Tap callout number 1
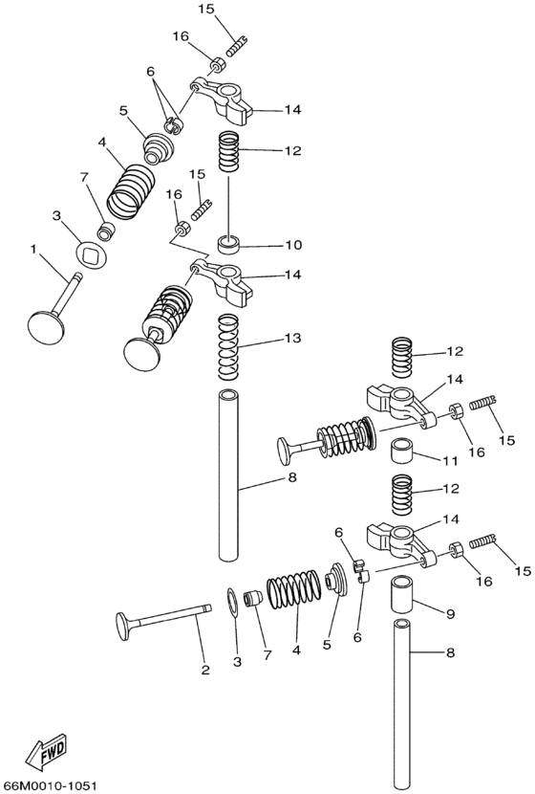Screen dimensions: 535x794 [x=33, y=248]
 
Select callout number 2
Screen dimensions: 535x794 [x=204, y=670]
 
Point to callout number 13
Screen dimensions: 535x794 [x=292, y=338]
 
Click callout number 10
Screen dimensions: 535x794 [x=293, y=245]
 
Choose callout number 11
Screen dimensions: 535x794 [x=450, y=461]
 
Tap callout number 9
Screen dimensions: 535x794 [x=450, y=614]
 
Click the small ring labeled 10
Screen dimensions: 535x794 [x=230, y=244]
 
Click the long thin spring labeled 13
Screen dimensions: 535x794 [x=228, y=346]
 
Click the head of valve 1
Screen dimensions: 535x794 [x=47, y=327]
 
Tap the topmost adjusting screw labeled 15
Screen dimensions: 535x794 [x=236, y=45]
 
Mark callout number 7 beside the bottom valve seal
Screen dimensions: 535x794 [x=267, y=654]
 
